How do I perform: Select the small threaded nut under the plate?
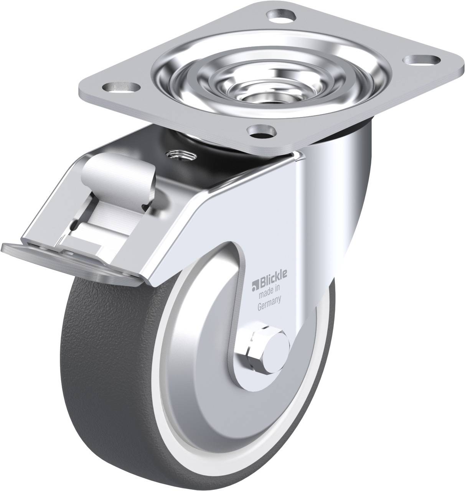180,155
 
